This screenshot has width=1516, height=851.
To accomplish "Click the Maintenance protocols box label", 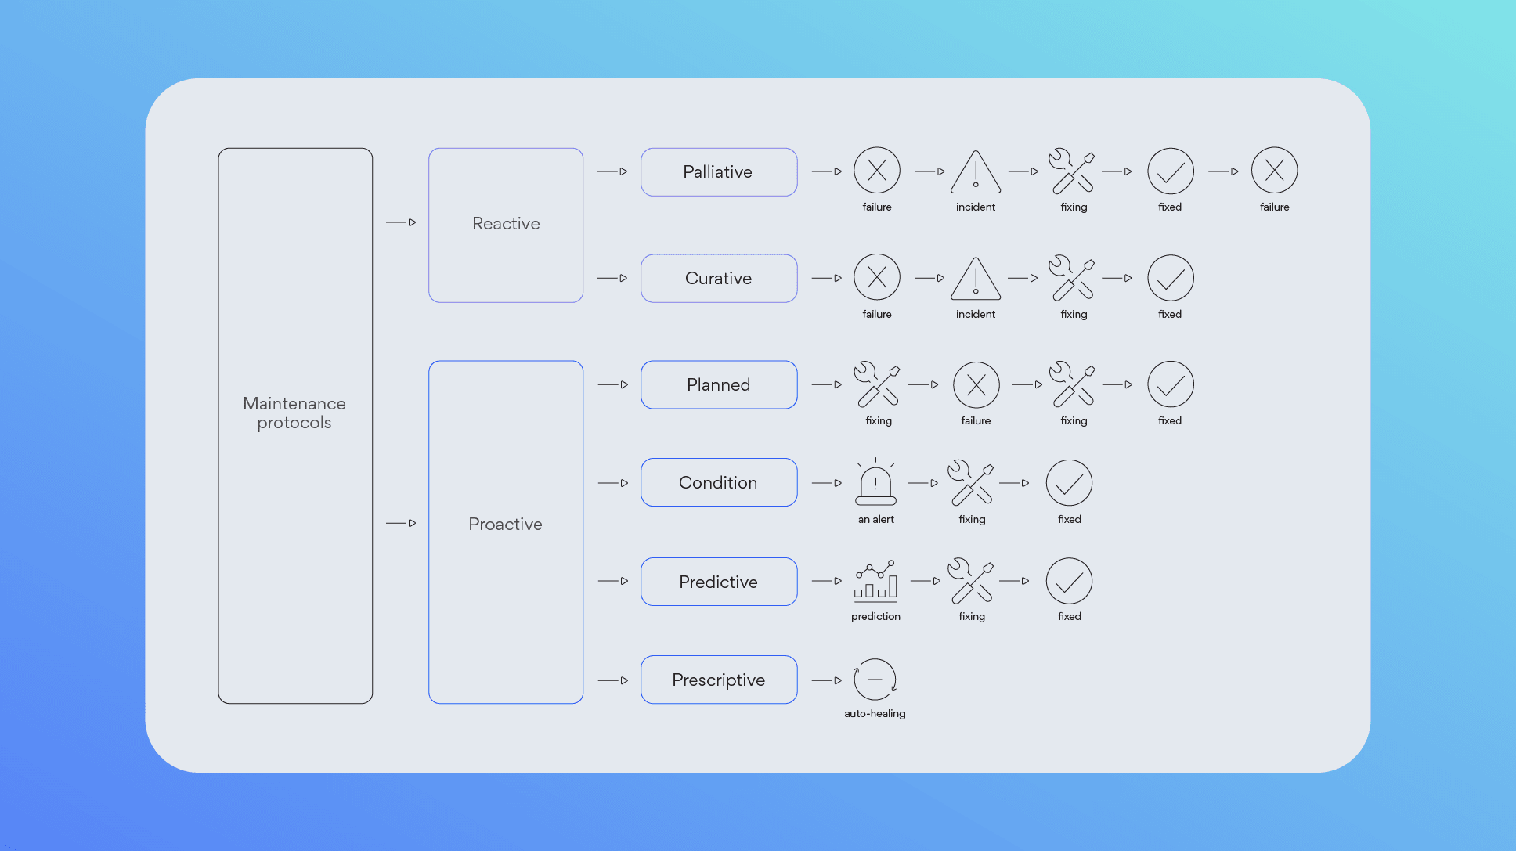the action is point(294,413).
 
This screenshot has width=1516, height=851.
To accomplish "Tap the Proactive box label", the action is point(505,524).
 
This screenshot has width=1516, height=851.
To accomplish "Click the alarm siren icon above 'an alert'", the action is point(875,482).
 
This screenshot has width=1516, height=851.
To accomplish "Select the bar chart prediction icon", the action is point(875,580).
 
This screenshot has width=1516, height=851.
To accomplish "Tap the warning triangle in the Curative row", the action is point(976,279).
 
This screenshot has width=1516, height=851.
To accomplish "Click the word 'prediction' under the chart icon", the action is point(875,617).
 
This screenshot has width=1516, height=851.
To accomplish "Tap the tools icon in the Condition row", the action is point(971,483).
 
